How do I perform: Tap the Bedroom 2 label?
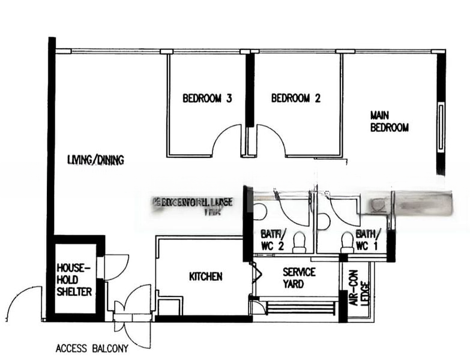pos(295,98)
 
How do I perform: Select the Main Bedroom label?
pos(389,121)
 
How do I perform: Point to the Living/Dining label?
pos(95,160)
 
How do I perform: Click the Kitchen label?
pos(205,277)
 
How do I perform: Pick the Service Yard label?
pos(299,278)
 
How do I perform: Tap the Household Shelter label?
pos(74,279)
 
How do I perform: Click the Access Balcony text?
pos(92,347)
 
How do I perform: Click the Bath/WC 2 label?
pos(273,239)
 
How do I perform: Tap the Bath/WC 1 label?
pos(367,239)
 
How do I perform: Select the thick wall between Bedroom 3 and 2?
pos(250,90)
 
